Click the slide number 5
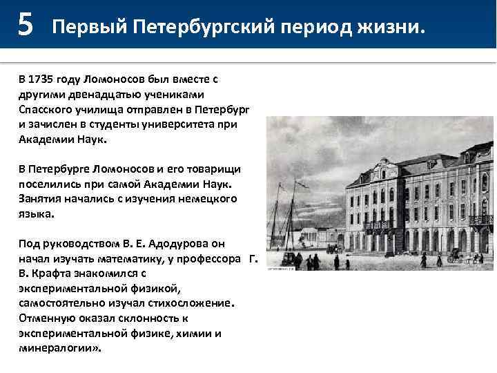[25, 25]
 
